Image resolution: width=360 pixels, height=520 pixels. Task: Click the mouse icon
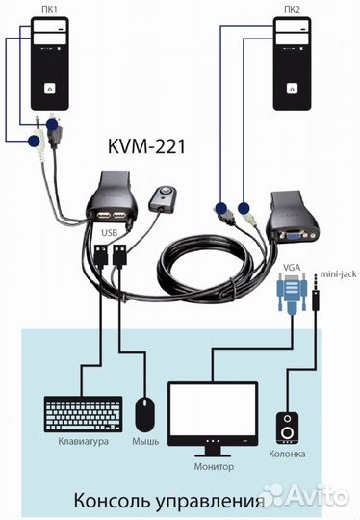(x=145, y=415)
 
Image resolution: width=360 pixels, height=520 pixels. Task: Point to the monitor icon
(x=213, y=415)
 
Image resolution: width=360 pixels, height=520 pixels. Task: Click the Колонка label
(x=288, y=454)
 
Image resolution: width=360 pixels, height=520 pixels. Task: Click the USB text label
(x=110, y=232)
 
